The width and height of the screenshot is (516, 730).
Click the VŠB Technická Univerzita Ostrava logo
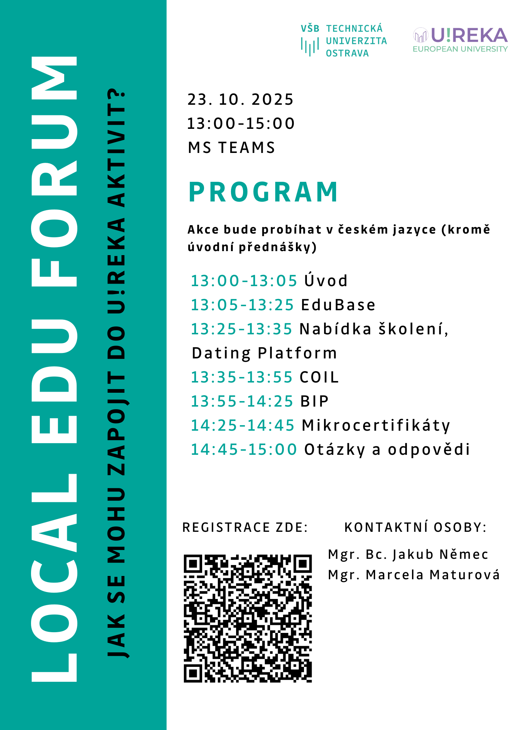coord(343,41)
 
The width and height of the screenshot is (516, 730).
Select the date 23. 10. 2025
coord(240,100)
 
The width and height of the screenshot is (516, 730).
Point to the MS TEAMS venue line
coord(231,148)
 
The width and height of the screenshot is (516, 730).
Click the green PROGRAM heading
coord(263,192)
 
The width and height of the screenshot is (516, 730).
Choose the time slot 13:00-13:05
coord(244,281)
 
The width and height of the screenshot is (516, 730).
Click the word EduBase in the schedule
coord(338,305)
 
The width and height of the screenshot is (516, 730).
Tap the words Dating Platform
coord(264,353)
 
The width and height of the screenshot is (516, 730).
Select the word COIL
coord(319,377)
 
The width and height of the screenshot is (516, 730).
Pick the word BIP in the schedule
coord(314,401)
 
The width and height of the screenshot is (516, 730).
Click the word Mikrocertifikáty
coord(376,426)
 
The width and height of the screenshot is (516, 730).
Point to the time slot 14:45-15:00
coord(244,450)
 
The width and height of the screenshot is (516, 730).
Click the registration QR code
coord(248,618)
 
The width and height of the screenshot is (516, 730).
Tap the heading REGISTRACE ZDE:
coord(245,528)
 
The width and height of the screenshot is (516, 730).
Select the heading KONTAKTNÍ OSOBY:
coord(415,528)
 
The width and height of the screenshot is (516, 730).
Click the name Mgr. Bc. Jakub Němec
coord(408,554)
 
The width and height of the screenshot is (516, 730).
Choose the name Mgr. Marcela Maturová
coord(414,575)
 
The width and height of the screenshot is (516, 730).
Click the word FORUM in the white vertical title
coord(55,172)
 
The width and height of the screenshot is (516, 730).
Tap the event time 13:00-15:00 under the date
coord(241,124)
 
